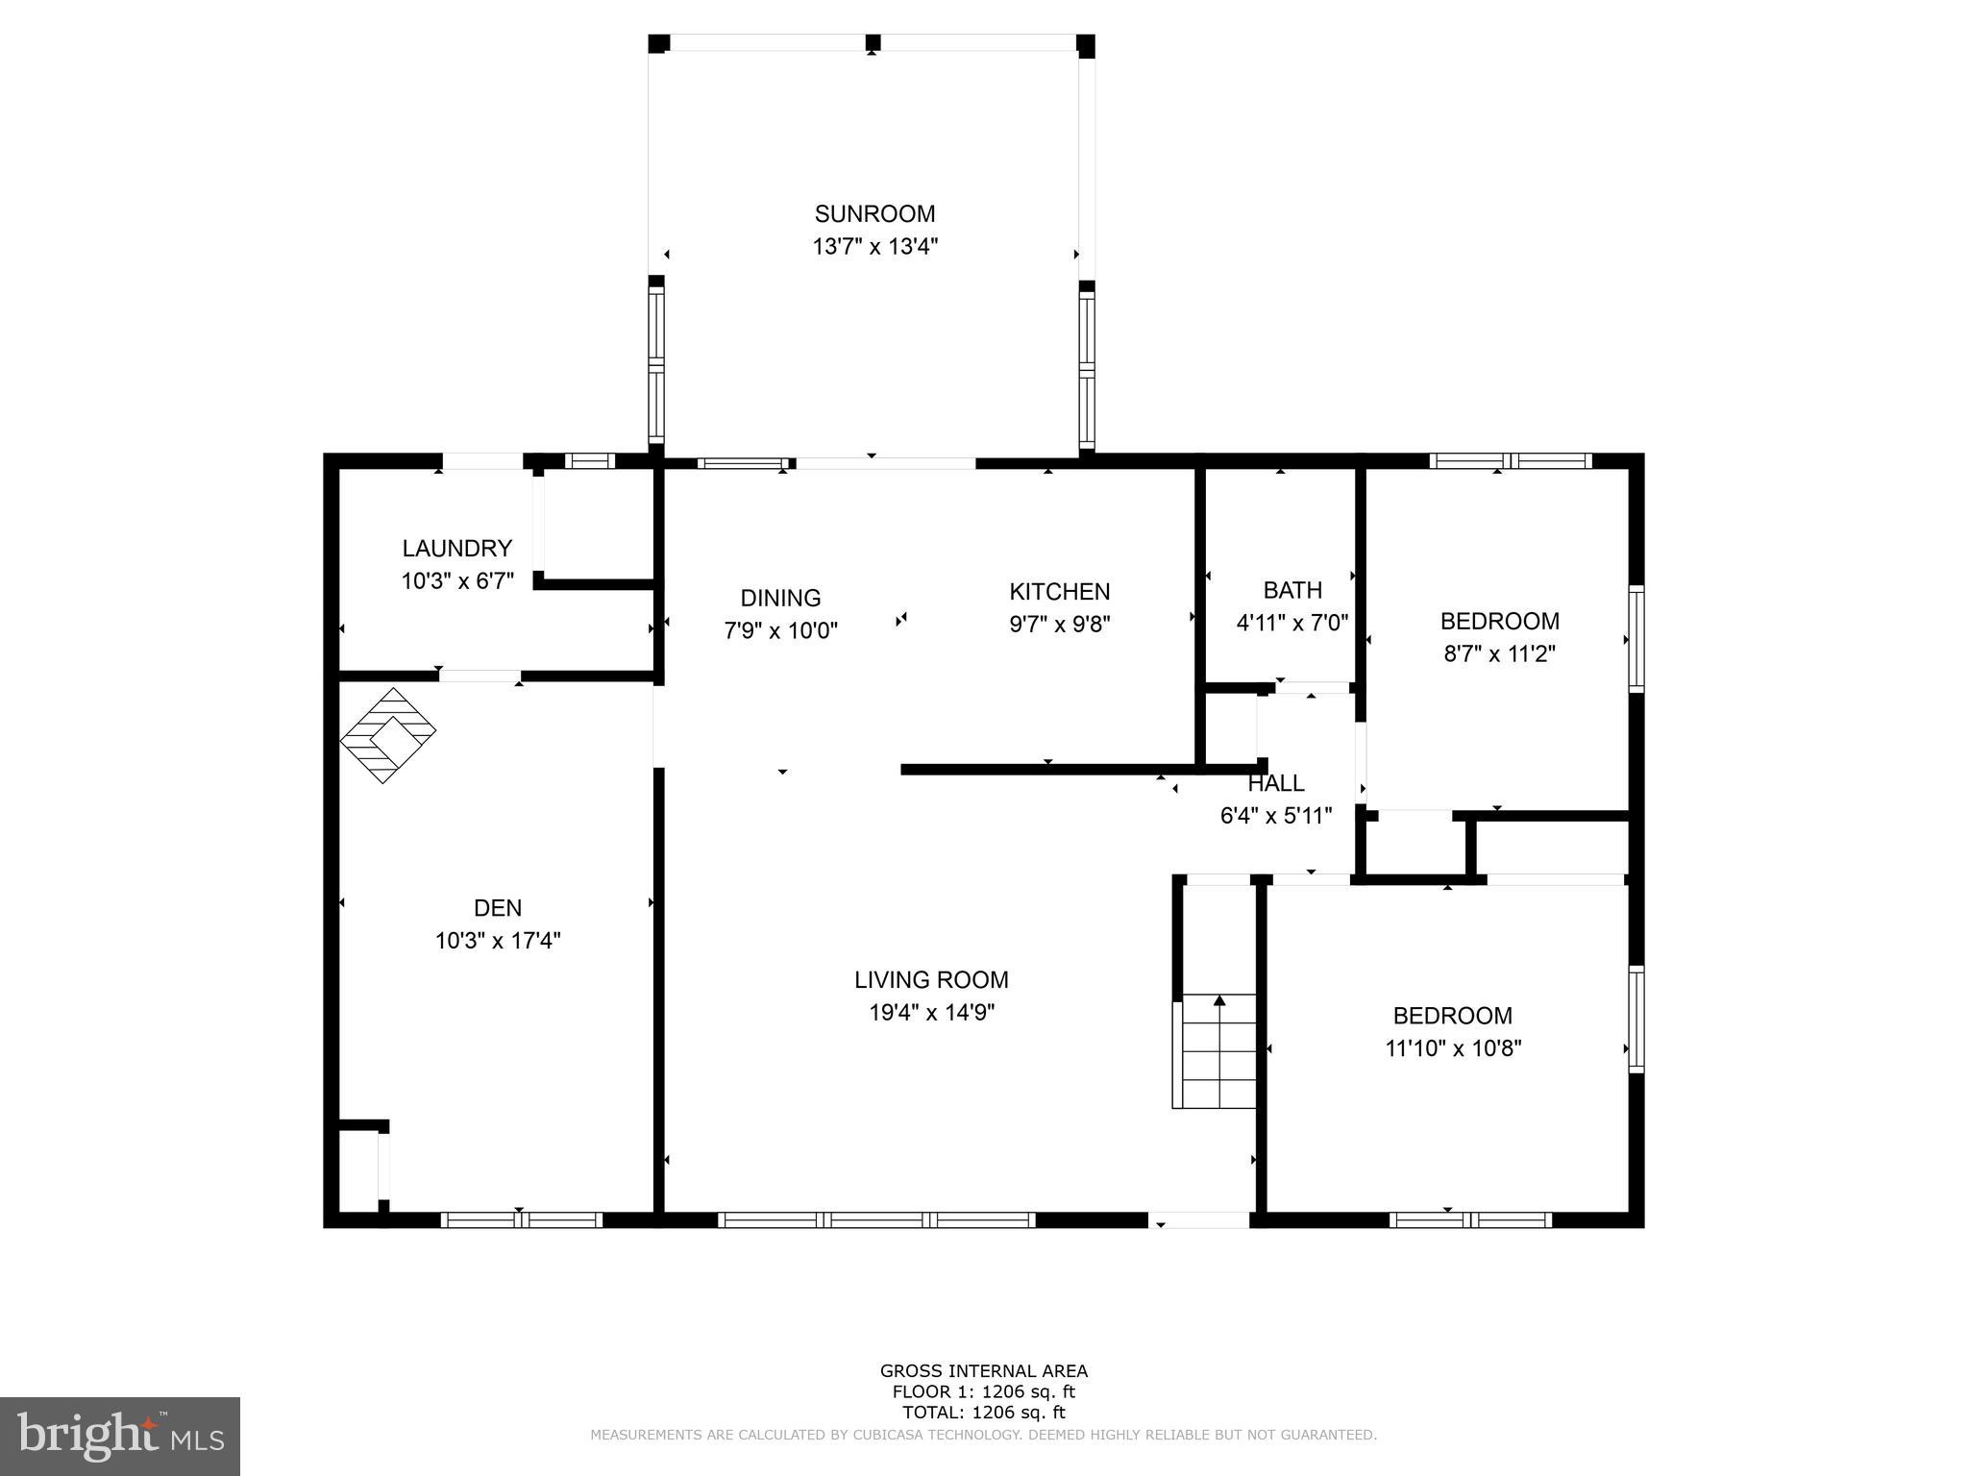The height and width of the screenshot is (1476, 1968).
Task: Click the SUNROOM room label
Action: pyautogui.click(x=874, y=214)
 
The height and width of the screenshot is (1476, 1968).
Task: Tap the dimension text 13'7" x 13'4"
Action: pyautogui.click(x=874, y=247)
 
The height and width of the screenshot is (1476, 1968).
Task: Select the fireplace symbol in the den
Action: pyautogui.click(x=388, y=735)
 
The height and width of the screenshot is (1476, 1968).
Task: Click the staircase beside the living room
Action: pyautogui.click(x=1216, y=1051)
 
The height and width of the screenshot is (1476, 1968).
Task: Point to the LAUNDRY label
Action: pyautogui.click(x=456, y=549)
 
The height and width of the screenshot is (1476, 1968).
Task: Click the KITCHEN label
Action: pyautogui.click(x=1059, y=592)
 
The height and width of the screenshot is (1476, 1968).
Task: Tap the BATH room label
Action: pyautogui.click(x=1292, y=590)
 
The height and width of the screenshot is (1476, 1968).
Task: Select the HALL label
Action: pyautogui.click(x=1275, y=783)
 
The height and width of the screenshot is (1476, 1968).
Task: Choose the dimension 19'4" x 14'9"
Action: pyautogui.click(x=930, y=1013)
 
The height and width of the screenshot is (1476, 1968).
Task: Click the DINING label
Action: pyautogui.click(x=780, y=599)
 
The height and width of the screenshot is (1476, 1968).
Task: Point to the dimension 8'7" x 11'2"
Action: pyautogui.click(x=1499, y=654)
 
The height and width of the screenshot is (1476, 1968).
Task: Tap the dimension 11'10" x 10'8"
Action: pyautogui.click(x=1452, y=1048)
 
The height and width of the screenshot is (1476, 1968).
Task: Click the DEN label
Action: pyautogui.click(x=498, y=908)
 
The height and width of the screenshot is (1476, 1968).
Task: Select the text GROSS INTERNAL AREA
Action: pyautogui.click(x=983, y=1371)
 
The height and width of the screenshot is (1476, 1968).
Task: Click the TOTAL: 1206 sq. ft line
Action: pyautogui.click(x=983, y=1413)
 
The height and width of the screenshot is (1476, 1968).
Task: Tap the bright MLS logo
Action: pyautogui.click(x=120, y=1436)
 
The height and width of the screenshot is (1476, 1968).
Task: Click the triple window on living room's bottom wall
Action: pyautogui.click(x=876, y=1220)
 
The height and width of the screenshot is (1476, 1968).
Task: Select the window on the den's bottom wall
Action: pyautogui.click(x=522, y=1220)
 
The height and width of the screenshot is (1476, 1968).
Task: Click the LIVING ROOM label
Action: pyautogui.click(x=930, y=980)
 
